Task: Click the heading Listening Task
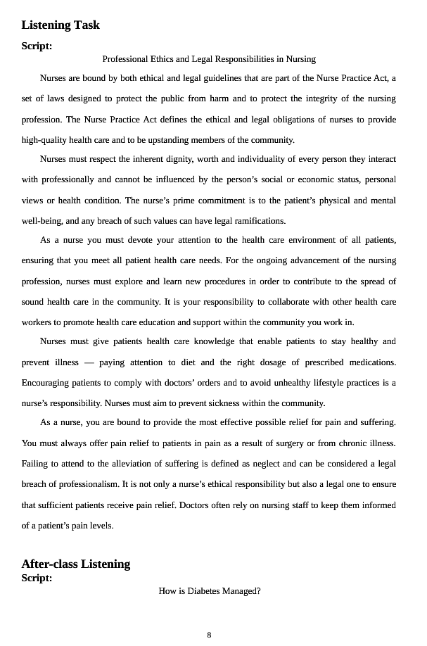click(x=60, y=25)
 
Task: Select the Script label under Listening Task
click(x=37, y=46)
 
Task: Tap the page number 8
click(x=209, y=635)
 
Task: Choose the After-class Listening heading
click(x=76, y=564)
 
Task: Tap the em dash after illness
click(x=89, y=363)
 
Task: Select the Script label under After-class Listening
click(x=37, y=578)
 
